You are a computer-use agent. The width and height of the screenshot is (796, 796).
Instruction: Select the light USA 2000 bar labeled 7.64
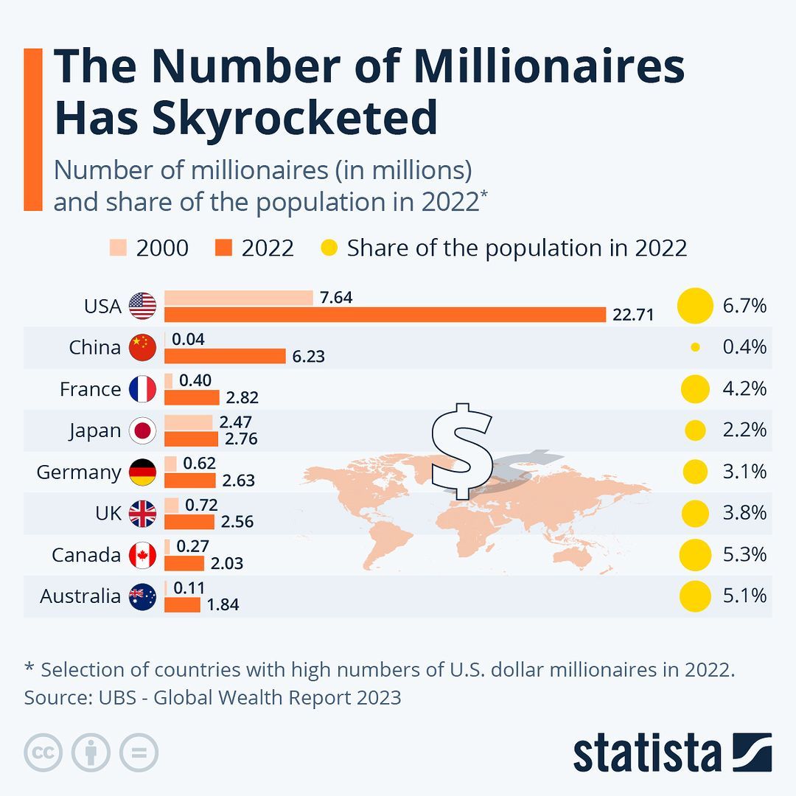238,298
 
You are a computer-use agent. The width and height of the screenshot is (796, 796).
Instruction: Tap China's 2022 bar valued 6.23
225,356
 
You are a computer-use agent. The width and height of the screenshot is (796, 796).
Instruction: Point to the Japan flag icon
142,430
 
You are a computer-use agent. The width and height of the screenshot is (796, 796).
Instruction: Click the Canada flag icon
142,555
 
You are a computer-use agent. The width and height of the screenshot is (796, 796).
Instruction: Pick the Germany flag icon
142,472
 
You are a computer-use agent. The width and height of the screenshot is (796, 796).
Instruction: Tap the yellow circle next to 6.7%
695,306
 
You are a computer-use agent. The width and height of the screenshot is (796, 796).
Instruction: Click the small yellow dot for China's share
695,347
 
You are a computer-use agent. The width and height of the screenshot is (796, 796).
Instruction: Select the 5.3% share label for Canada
744,554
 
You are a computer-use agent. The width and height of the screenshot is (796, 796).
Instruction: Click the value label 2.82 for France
242,398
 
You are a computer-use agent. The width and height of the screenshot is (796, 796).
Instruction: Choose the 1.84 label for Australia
223,605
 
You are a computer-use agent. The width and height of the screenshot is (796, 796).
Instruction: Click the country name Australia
80,596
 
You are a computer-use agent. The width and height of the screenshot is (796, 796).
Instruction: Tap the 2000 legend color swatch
119,248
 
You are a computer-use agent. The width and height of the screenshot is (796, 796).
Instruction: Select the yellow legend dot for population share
329,248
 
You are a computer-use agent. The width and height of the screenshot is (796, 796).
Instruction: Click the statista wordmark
647,753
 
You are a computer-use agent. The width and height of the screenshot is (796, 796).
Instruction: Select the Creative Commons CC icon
43,753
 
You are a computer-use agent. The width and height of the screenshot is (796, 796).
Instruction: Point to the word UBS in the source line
116,696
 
